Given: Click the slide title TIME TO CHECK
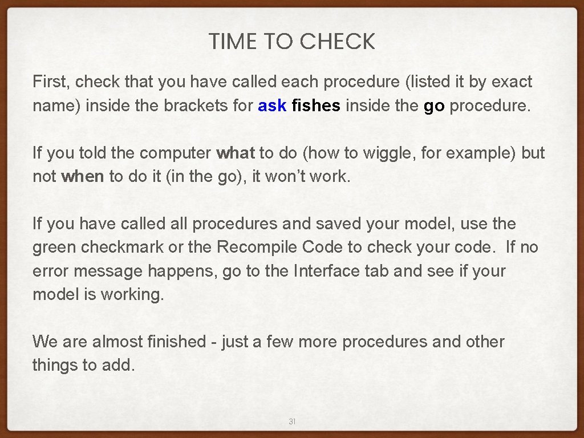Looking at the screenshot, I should (x=291, y=42).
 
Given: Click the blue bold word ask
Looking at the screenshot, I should (x=272, y=106).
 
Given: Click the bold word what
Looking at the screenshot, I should (x=236, y=153).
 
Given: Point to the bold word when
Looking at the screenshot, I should (x=83, y=177).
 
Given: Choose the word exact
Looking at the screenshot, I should (x=512, y=82).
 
